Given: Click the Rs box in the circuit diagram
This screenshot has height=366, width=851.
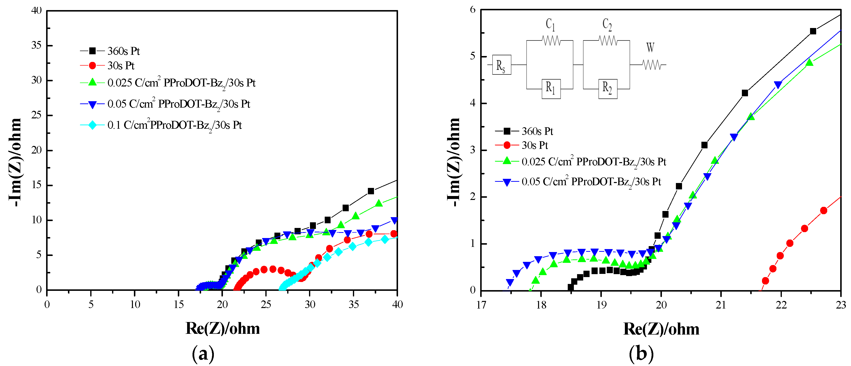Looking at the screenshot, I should click(502, 65).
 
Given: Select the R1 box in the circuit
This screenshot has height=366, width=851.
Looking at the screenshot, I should click(551, 89).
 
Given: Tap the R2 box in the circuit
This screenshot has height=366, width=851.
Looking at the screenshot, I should click(607, 89).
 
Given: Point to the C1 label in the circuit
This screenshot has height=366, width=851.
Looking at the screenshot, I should click(550, 25).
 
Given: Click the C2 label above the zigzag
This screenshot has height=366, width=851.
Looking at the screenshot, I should click(607, 25).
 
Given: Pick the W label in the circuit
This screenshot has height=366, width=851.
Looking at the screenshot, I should click(650, 47).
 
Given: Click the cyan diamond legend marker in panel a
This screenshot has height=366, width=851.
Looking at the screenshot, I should click(92, 125).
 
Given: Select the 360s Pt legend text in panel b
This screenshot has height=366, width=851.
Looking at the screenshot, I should click(537, 131).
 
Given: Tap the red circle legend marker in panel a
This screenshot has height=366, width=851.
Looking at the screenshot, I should click(92, 66).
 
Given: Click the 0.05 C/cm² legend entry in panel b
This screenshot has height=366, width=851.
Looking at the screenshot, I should click(591, 182).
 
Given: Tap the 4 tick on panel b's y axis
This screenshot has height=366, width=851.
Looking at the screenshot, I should click(473, 103).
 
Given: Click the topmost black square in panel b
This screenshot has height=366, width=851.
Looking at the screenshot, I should click(813, 31).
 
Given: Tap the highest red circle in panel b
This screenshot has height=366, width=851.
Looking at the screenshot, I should click(824, 211).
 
